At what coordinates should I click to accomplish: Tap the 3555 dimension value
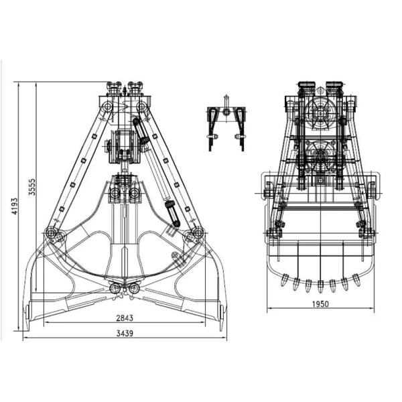32,187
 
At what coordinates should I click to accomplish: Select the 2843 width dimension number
125,318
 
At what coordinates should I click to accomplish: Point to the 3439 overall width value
125,334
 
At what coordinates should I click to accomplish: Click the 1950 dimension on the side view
320,304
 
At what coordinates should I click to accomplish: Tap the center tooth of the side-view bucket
320,286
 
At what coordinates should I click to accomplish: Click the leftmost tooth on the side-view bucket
285,279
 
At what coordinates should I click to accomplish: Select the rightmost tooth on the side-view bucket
356,279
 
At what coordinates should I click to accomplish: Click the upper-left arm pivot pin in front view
107,107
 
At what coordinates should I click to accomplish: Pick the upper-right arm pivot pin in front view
141,107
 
